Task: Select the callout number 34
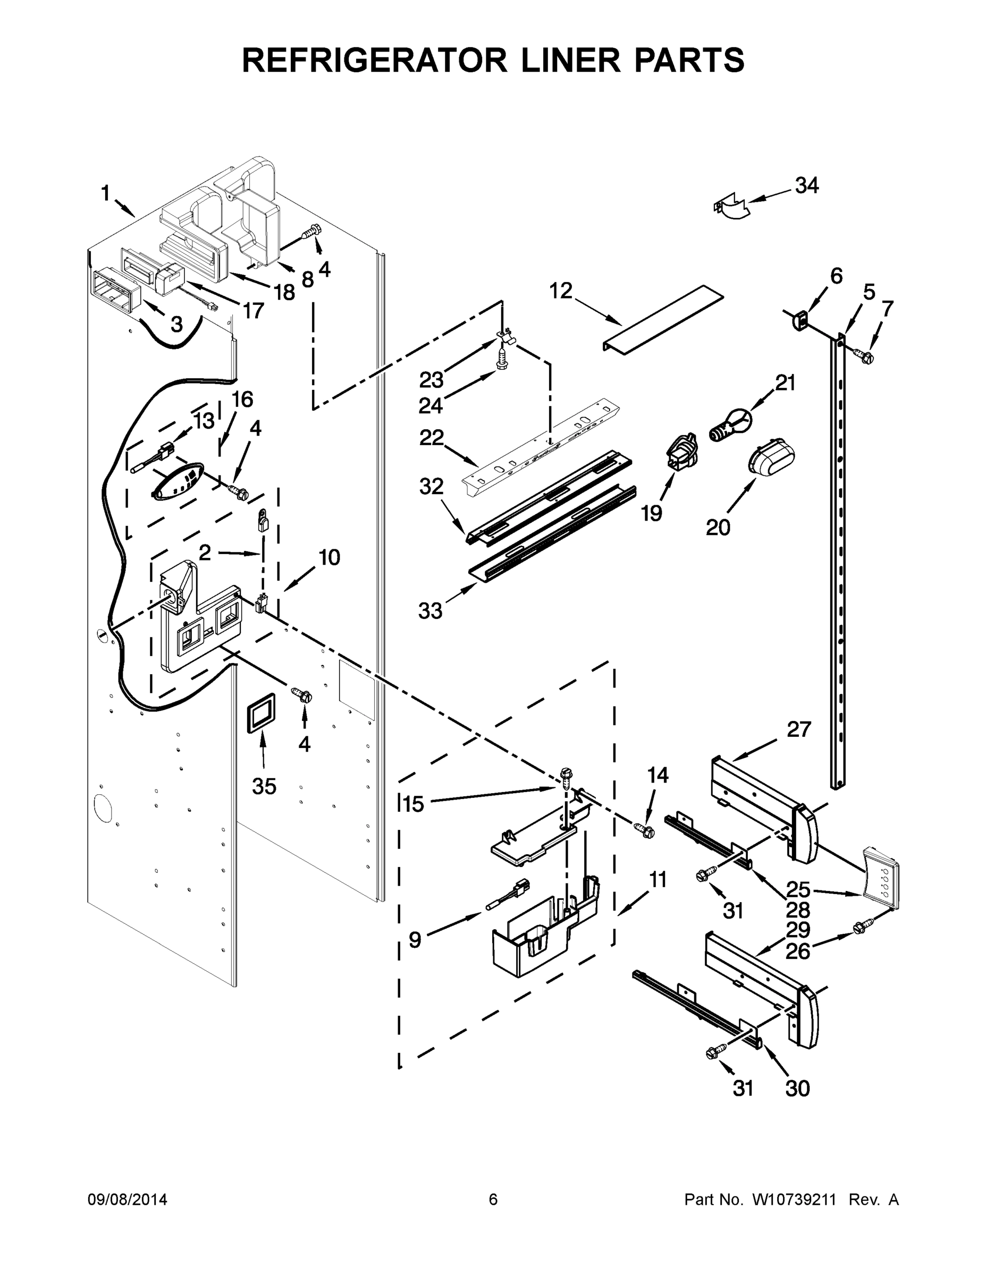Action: pyautogui.click(x=807, y=185)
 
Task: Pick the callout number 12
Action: pyautogui.click(x=561, y=291)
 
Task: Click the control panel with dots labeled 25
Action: pyautogui.click(x=881, y=886)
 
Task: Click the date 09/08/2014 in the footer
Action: pyautogui.click(x=128, y=1199)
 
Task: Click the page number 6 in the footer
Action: pyautogui.click(x=493, y=1199)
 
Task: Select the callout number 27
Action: pyautogui.click(x=798, y=730)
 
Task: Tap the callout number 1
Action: pyautogui.click(x=105, y=193)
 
